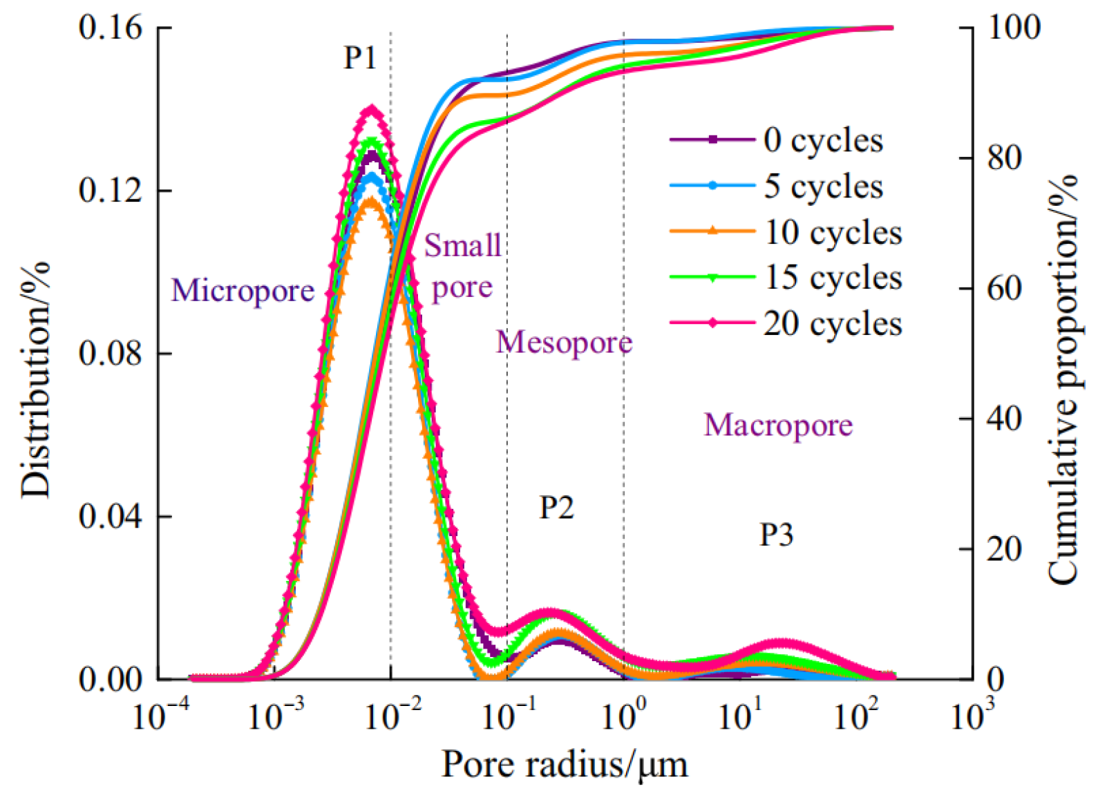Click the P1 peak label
[x=360, y=58]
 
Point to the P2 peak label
[x=556, y=508]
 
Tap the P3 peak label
[x=776, y=534]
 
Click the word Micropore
[x=243, y=290]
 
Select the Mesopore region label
[x=564, y=342]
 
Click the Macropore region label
[x=778, y=425]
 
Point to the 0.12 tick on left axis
[x=111, y=191]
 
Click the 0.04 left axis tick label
[x=111, y=516]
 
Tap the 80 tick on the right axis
[x=1004, y=158]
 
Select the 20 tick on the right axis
[x=1004, y=549]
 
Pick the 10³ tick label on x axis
[x=973, y=716]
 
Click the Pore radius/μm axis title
[x=565, y=765]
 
